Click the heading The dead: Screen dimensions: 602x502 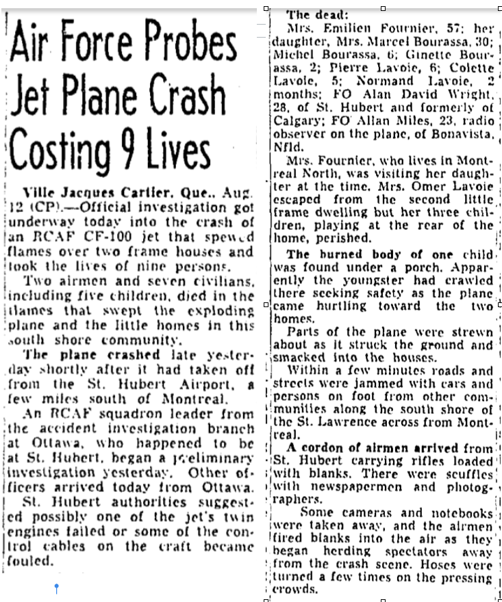point(312,14)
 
